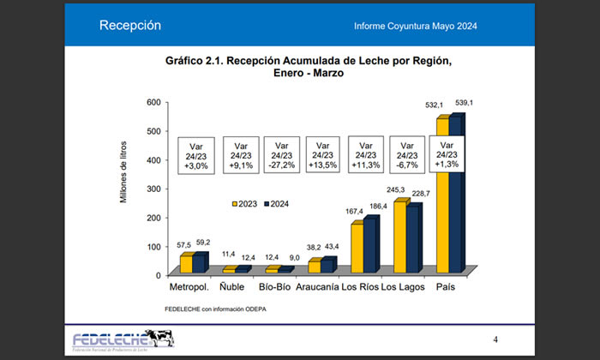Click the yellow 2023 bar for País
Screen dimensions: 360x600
pos(441,197)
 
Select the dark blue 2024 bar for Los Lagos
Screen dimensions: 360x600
pos(414,240)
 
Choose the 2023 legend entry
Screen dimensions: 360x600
pos(244,203)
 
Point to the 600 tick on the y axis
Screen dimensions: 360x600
pos(153,102)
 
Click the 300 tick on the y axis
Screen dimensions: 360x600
pos(153,189)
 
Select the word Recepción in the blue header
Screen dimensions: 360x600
pos(130,26)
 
